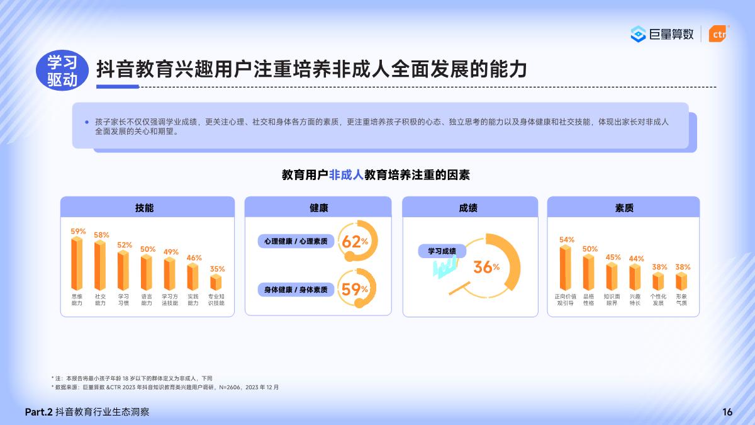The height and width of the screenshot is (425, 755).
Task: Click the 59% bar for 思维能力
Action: click(77, 263)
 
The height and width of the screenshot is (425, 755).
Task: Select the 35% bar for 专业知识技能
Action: click(216, 281)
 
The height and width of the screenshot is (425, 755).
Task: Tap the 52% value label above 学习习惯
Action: click(125, 245)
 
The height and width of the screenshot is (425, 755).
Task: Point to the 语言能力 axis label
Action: click(147, 300)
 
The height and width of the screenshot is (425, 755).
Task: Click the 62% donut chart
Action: click(357, 241)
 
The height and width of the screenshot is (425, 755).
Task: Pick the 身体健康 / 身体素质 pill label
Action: click(296, 290)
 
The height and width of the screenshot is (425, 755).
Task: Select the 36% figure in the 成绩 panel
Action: click(486, 267)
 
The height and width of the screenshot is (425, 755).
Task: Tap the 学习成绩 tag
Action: click(442, 251)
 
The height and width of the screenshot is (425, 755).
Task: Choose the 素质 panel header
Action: click(623, 208)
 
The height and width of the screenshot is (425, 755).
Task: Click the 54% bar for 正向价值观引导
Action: click(566, 268)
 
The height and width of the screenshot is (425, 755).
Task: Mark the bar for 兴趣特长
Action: click(635, 277)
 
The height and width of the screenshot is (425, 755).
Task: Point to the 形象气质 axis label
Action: click(681, 300)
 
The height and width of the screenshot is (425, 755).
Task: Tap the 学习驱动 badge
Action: click(62, 70)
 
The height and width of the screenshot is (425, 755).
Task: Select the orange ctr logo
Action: click(717, 34)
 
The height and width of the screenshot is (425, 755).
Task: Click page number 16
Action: click(727, 412)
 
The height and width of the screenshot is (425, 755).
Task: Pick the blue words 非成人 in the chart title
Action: click(346, 175)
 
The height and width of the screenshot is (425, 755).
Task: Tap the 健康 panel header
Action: click(318, 208)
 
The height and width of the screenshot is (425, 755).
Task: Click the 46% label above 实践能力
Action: click(194, 258)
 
